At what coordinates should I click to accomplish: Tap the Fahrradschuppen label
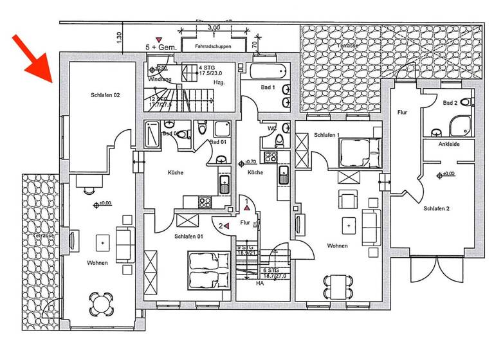click(x=213, y=47)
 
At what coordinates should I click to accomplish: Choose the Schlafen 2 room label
click(x=436, y=208)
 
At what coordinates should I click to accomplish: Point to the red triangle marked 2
click(x=226, y=226)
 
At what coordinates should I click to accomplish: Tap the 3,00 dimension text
click(x=214, y=28)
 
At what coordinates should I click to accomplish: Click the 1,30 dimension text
click(x=120, y=38)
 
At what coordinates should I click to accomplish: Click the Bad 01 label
click(x=219, y=141)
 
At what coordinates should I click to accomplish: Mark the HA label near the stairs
click(x=260, y=283)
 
